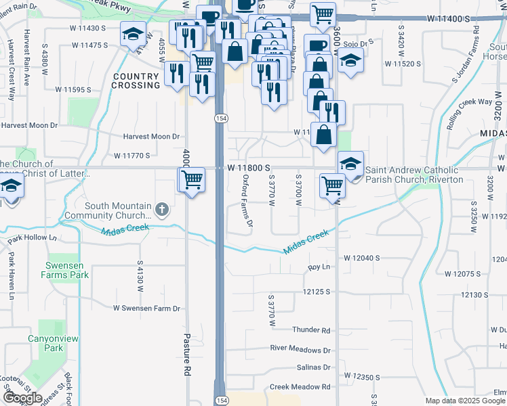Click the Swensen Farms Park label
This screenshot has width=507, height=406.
coord(68,270)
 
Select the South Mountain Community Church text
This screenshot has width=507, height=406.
coord(118,211)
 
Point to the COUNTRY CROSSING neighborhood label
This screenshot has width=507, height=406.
coord(136,81)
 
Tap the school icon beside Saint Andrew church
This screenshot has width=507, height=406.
coord(350,164)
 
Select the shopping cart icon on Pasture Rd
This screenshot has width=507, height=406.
coord(192,180)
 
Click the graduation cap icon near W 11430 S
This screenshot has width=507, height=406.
coord(134,33)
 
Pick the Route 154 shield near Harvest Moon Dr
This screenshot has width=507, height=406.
coord(221,118)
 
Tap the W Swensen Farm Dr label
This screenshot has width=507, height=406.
coord(147,308)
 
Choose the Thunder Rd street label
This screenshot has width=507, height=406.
coord(310,330)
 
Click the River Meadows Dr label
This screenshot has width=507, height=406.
coord(300,350)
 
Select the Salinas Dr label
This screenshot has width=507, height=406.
coord(313,367)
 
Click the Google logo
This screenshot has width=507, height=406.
coord(23,398)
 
